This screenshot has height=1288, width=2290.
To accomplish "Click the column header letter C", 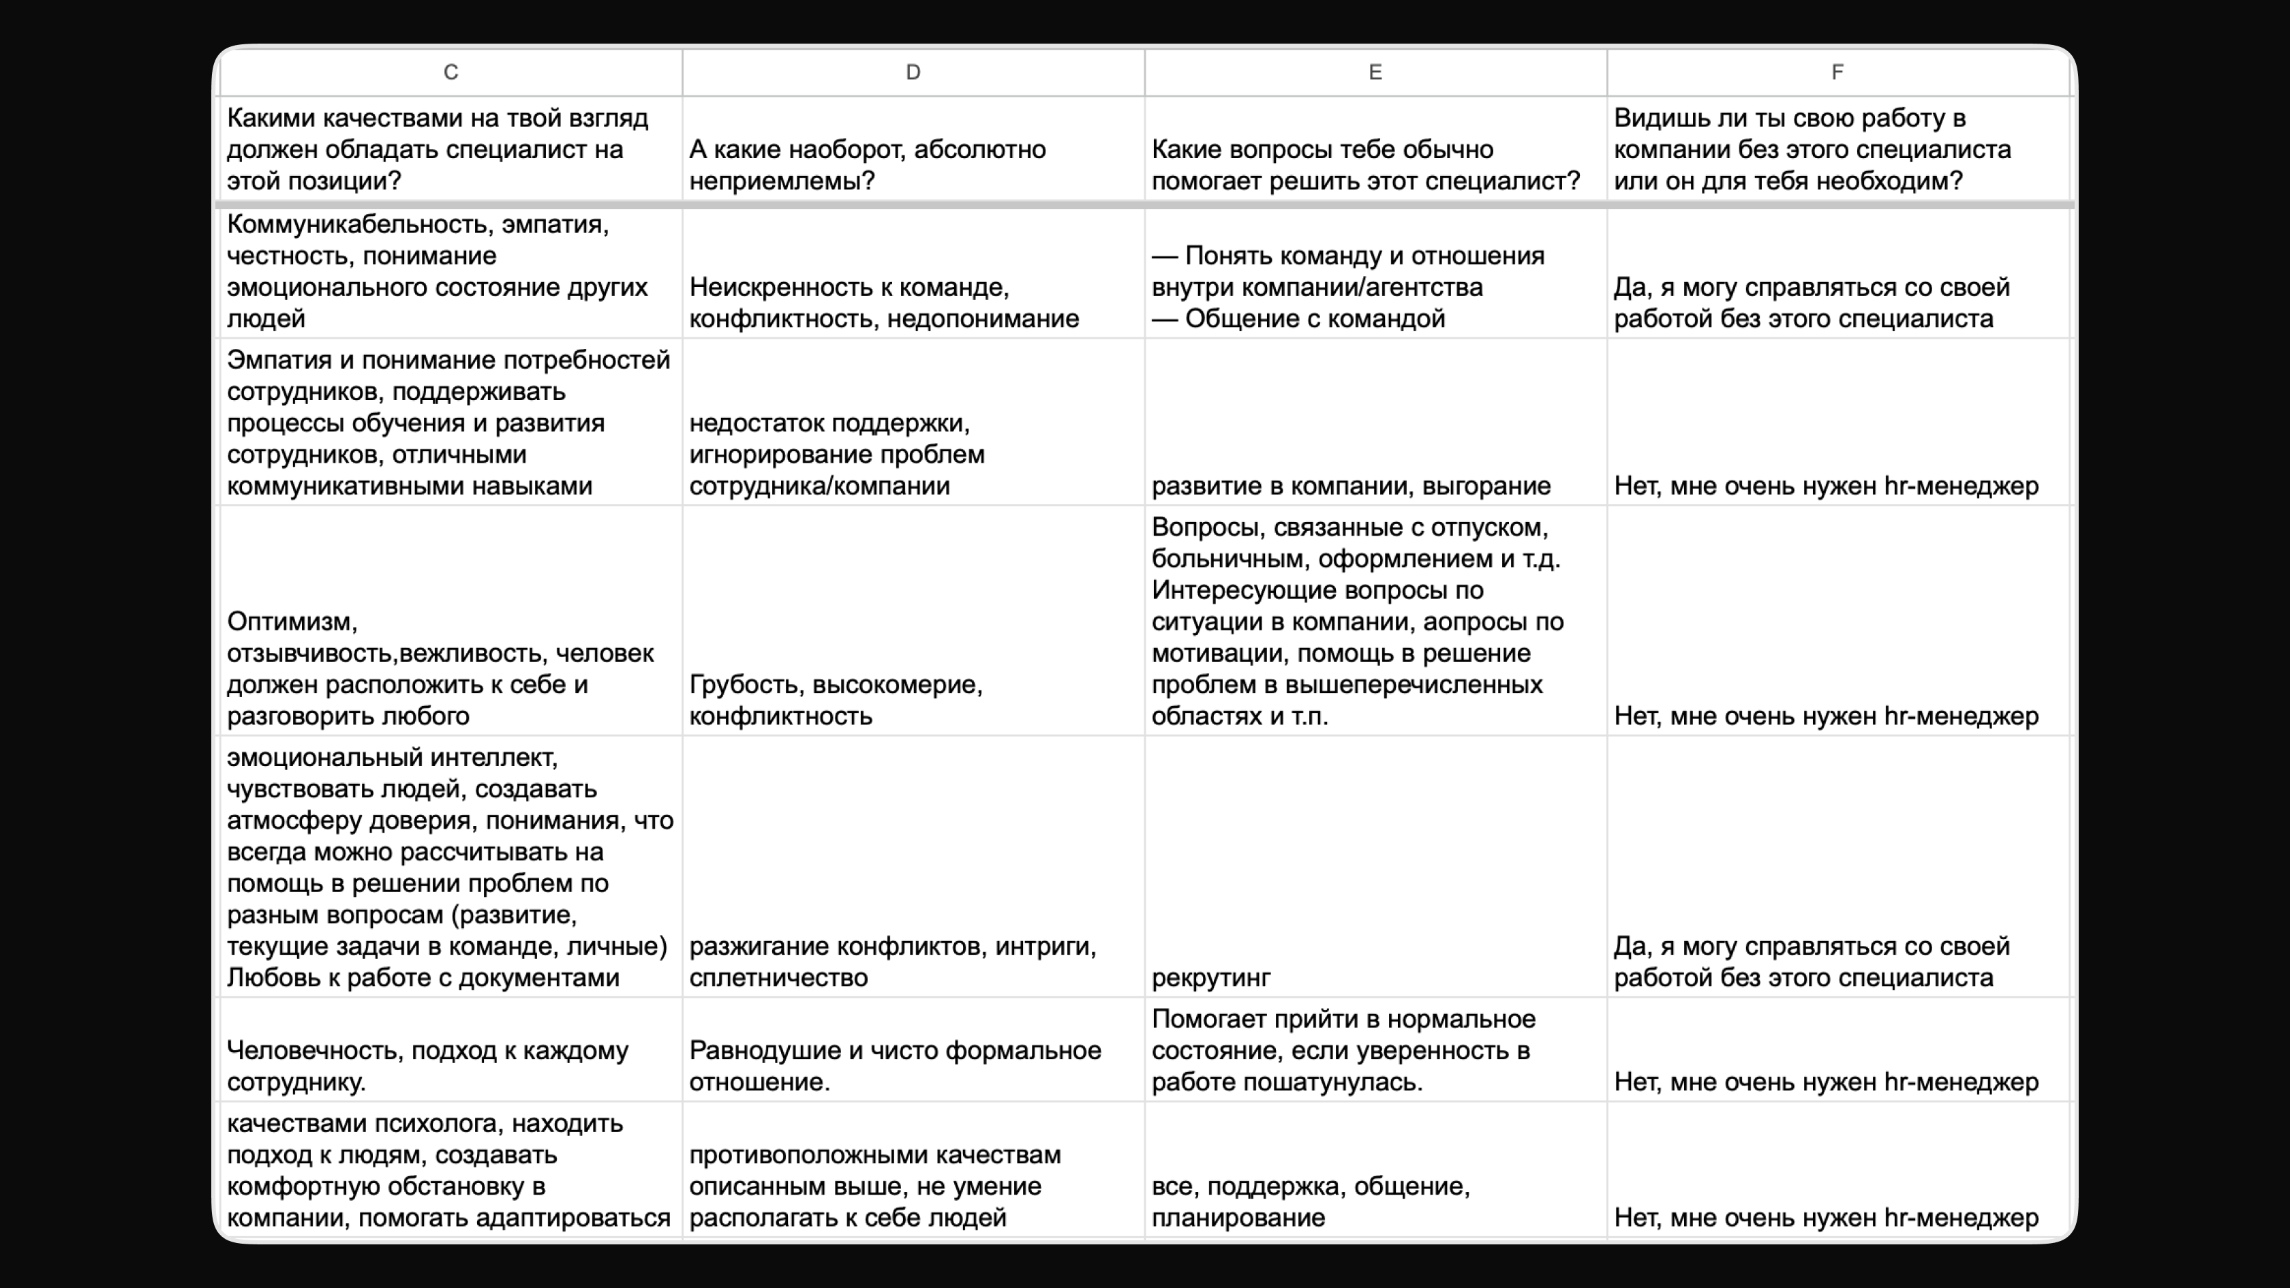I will tap(451, 72).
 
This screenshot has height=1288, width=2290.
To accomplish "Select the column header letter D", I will tap(913, 72).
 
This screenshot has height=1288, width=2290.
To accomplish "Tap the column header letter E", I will tap(1375, 72).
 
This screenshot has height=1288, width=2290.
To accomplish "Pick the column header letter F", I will tap(1837, 72).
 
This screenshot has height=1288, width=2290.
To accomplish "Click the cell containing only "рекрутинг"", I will tap(1211, 978).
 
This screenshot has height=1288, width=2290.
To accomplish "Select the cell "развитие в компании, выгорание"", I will tap(1350, 486).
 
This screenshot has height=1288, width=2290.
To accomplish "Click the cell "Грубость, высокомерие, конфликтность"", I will tap(836, 701).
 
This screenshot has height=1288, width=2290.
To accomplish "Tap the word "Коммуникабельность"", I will tap(360, 224).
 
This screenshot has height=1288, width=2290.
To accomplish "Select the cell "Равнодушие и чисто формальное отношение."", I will tap(894, 1066).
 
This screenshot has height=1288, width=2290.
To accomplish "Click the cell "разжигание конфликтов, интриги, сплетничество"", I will tap(893, 962).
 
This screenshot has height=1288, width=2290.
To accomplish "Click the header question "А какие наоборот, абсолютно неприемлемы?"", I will tap(867, 166).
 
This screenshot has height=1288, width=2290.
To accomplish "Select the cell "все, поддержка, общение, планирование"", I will tap(1311, 1201).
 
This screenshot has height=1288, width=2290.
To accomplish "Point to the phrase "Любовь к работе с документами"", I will tap(423, 978).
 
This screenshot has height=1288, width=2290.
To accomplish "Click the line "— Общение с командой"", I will tap(1298, 318).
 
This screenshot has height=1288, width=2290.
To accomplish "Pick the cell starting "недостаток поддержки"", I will tap(836, 455).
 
